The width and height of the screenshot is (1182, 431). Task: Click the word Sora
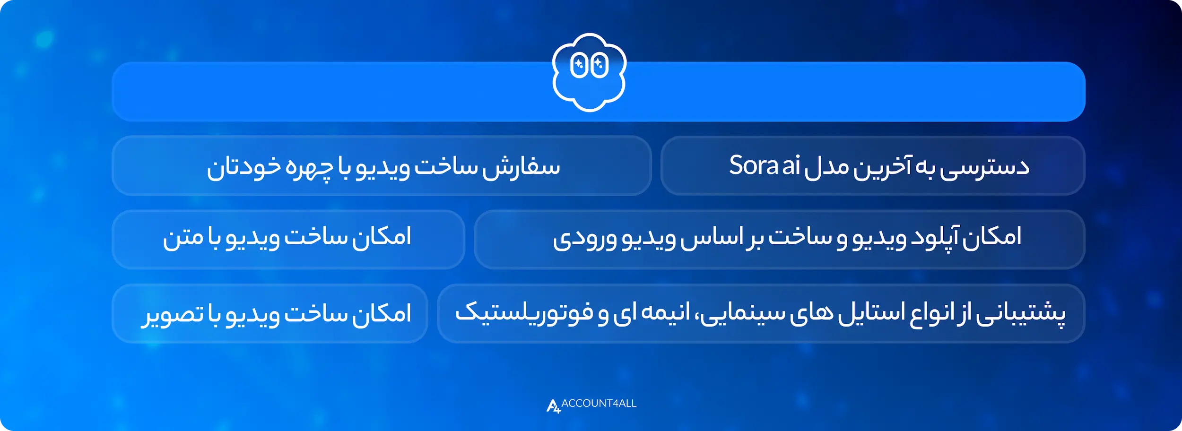[753, 165]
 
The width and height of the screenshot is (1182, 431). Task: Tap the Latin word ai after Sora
[791, 165]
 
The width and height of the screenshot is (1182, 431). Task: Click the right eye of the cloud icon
[600, 65]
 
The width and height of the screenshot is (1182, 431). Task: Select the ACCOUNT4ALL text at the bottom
[599, 403]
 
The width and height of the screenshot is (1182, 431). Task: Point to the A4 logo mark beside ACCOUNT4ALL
[553, 406]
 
